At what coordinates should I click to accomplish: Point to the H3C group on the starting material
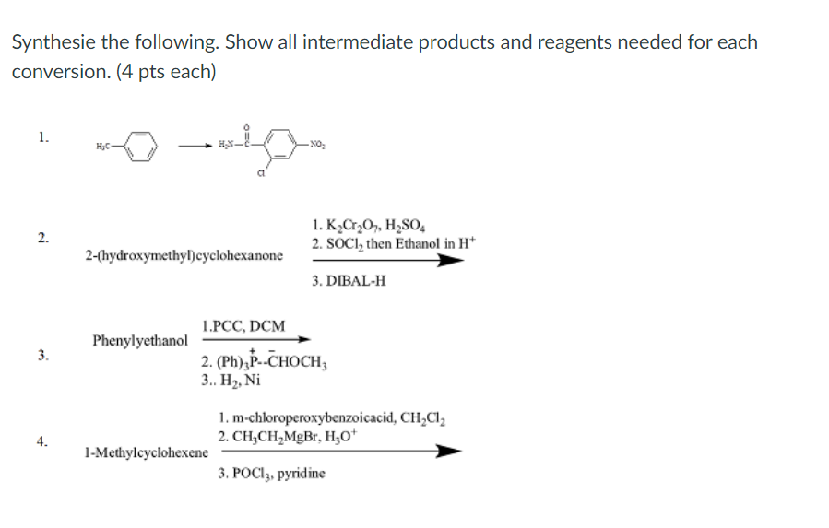click(x=102, y=147)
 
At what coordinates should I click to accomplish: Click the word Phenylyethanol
click(x=140, y=341)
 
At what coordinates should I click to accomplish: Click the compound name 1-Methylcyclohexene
click(x=145, y=452)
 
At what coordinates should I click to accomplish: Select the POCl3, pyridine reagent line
click(x=272, y=474)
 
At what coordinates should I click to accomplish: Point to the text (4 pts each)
click(x=166, y=72)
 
